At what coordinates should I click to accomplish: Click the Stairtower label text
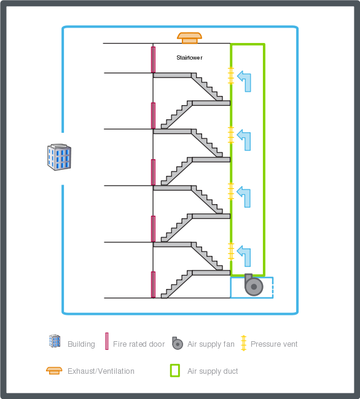(189, 58)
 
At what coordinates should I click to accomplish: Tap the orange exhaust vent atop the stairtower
(189, 38)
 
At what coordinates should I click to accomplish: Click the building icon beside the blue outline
(60, 157)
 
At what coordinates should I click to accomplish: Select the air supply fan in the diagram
(253, 285)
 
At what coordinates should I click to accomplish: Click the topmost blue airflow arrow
(245, 81)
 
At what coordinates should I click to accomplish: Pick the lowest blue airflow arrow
(245, 255)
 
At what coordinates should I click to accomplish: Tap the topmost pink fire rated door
(153, 59)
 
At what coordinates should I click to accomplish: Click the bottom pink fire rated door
(153, 285)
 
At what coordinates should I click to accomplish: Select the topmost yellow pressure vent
(231, 76)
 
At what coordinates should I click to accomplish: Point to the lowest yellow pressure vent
(231, 251)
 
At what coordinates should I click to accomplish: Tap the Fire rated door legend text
(139, 344)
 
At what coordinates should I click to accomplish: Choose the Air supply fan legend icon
(177, 343)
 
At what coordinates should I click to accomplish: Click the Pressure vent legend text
(274, 344)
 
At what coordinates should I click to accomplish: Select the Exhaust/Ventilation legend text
(101, 371)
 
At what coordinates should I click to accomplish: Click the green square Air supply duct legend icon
(175, 371)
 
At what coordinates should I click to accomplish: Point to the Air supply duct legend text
(213, 371)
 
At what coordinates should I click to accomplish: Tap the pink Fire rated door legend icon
(106, 341)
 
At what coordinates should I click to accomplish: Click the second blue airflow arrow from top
(245, 140)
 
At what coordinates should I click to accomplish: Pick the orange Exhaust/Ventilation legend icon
(54, 370)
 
